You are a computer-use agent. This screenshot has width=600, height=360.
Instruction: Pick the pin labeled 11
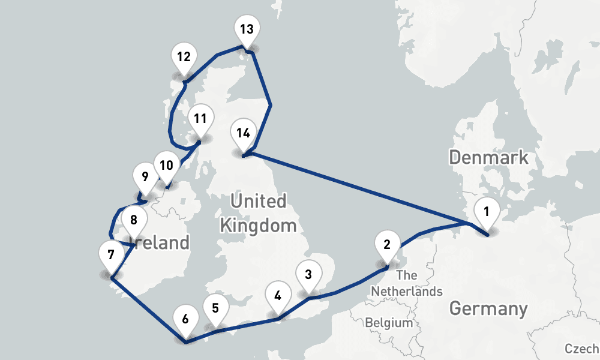tap(200, 119)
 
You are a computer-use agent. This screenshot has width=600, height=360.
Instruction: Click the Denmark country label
tap(488, 158)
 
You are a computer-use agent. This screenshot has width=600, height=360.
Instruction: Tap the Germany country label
tap(488, 309)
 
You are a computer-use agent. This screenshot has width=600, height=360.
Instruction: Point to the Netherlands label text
tap(406, 291)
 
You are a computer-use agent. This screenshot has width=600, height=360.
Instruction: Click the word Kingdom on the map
tap(258, 226)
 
